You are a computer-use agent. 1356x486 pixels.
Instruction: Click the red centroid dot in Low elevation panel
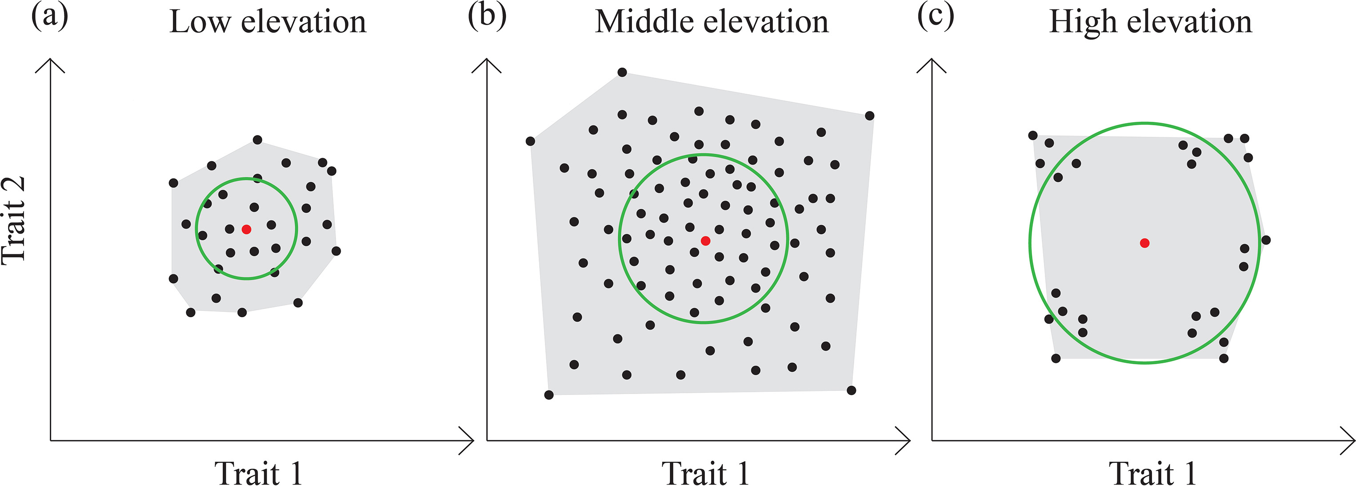(246, 229)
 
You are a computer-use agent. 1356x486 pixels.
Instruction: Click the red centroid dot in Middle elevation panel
(705, 241)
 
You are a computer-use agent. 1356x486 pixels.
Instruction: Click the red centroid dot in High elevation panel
(1144, 243)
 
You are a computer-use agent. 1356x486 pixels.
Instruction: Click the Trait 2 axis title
(14, 220)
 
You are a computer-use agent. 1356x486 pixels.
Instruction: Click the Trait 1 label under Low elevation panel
(258, 472)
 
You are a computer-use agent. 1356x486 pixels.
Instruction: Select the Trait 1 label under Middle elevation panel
(705, 472)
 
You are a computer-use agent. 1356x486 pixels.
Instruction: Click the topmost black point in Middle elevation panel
(622, 72)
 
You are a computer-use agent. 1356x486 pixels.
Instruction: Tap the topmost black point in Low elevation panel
(257, 140)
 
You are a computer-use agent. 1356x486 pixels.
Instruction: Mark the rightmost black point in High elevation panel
(1266, 240)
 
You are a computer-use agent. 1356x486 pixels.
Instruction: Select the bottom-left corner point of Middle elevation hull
(548, 395)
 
